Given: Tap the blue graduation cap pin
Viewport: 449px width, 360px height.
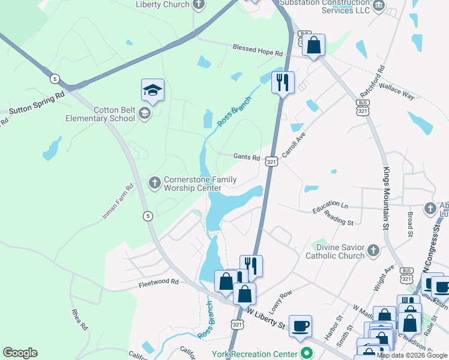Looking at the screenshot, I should point(152,91).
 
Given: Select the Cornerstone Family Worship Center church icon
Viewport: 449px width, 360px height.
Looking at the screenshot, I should point(154,182).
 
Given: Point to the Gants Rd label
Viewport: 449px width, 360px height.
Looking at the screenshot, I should point(246,157).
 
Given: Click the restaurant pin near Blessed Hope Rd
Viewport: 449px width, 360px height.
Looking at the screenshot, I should point(283,82).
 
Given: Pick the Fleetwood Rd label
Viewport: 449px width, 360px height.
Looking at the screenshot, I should point(158,281).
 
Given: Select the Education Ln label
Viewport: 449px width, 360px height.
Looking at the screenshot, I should point(330,208).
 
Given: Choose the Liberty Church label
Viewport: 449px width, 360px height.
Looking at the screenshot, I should point(163,4).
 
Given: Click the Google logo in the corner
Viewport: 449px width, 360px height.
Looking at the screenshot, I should point(20,353).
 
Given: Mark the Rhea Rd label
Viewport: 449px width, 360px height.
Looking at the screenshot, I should point(80,319).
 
